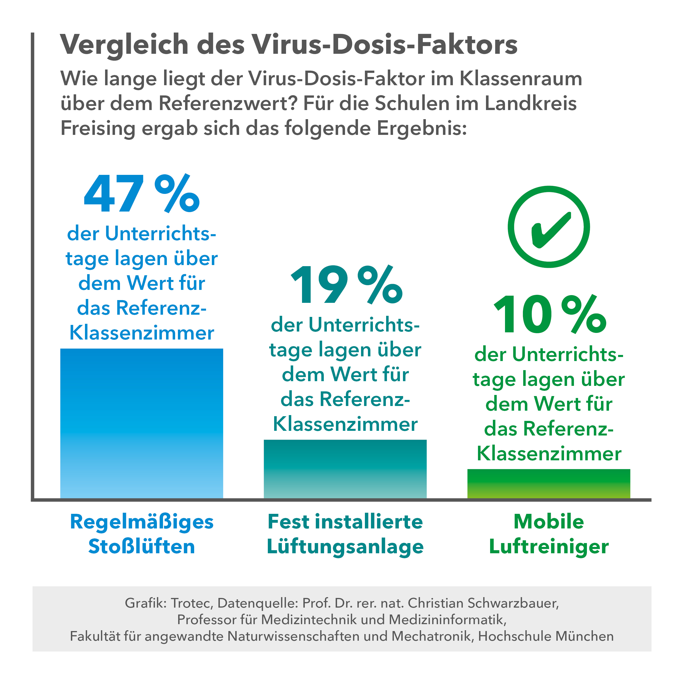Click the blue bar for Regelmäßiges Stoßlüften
(141, 423)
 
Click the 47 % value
(141, 194)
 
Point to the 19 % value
(346, 285)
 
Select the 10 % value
(550, 315)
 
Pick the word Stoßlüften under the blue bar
(141, 546)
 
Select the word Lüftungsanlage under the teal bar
(345, 546)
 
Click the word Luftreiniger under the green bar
(549, 546)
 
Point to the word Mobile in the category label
(549, 522)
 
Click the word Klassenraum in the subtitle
(521, 79)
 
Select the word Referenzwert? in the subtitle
(227, 103)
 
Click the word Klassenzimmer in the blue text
(141, 333)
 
